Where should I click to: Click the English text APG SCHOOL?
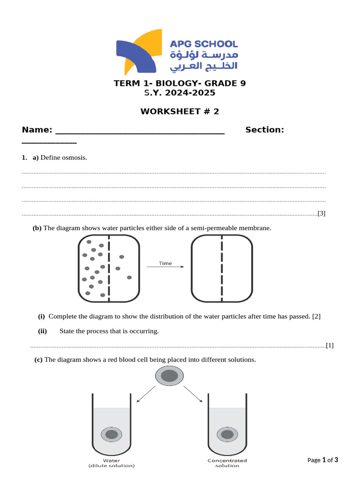point(203,44)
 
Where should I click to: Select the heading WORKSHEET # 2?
point(180,112)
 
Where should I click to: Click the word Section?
point(264,130)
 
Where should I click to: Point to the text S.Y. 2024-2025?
point(180,93)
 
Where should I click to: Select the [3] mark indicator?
point(321,214)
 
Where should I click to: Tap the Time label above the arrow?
point(165,263)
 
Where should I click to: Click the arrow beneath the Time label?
point(165,268)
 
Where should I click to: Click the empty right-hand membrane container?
point(222,268)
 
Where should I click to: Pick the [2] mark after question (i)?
point(316,316)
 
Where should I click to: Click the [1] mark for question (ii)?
point(330,345)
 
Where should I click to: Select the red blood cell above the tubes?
point(169,376)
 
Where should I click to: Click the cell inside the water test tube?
point(112,435)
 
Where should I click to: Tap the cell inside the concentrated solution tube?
point(227,435)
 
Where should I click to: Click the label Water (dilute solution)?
point(112,463)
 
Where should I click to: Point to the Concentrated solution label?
point(227,463)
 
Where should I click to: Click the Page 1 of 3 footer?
point(322,460)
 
